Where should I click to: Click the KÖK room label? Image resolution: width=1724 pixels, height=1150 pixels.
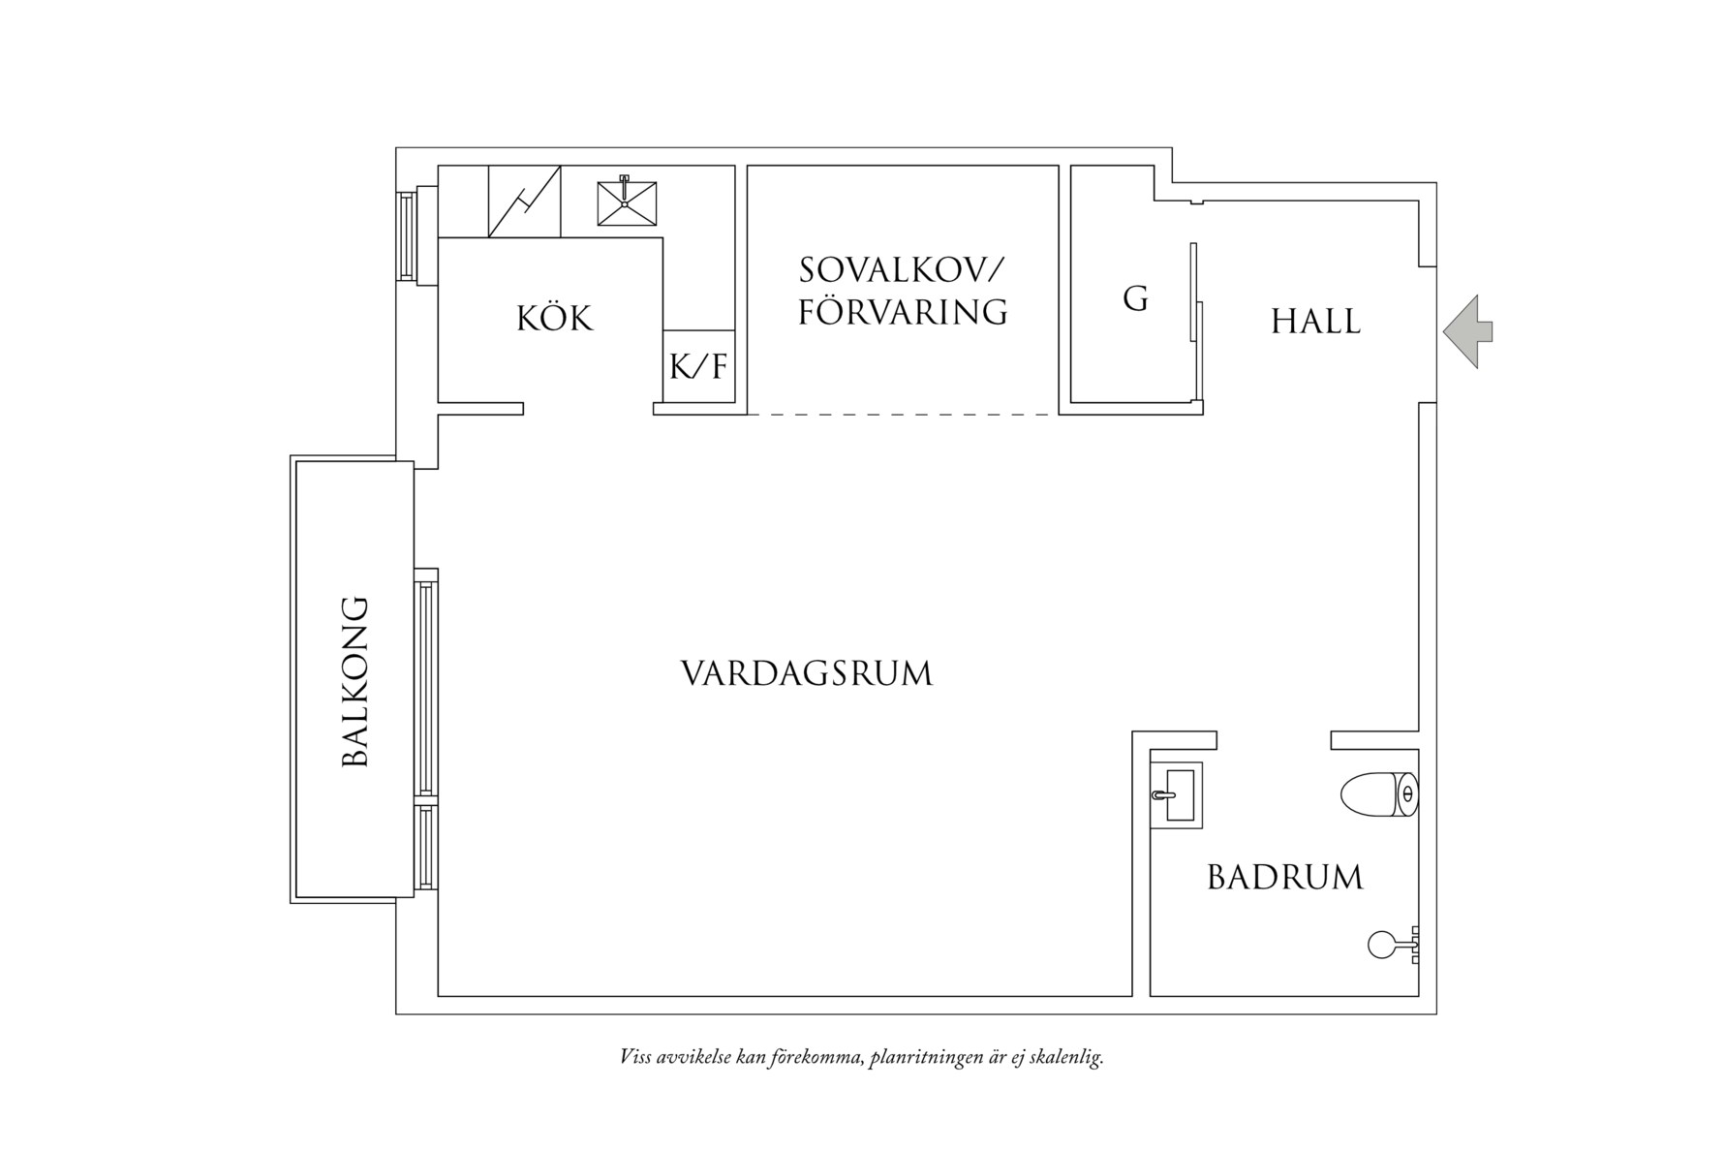[x=554, y=319]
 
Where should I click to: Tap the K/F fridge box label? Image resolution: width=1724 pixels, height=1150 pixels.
[x=697, y=368]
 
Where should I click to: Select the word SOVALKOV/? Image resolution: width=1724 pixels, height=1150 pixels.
[x=903, y=270]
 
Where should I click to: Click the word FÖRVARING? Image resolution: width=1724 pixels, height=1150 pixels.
[x=903, y=312]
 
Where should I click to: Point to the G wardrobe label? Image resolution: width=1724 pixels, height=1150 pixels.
[x=1135, y=299]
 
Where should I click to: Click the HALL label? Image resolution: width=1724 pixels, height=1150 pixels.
[x=1315, y=322]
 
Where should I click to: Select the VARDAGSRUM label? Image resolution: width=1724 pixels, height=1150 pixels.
[x=806, y=674]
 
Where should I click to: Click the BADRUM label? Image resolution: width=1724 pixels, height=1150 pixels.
[x=1284, y=878]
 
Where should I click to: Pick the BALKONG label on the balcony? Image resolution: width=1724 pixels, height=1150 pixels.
[x=356, y=681]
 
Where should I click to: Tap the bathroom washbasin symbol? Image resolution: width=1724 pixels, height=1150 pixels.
[x=1178, y=795]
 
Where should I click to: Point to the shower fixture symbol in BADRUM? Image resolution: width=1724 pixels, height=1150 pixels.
[x=1391, y=944]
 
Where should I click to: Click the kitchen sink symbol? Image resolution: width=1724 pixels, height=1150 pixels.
[x=626, y=202]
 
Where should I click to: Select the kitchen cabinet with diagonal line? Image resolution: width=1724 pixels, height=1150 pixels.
[x=524, y=202]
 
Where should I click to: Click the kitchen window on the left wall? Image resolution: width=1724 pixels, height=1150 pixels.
[x=407, y=235]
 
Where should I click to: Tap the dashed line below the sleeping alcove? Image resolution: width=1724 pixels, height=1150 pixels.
[x=903, y=415]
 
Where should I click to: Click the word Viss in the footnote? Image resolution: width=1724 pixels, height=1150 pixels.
[x=634, y=1057]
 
